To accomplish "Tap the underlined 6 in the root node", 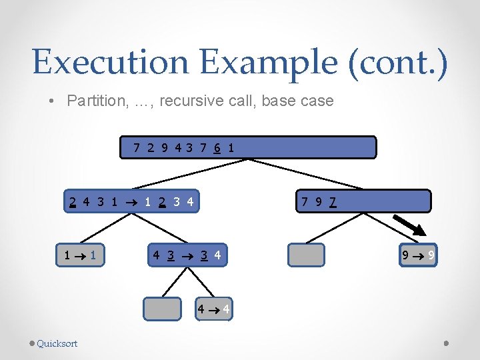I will pos(217,147).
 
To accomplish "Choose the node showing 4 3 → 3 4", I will pos(187,255).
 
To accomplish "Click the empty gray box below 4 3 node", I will pos(163,309).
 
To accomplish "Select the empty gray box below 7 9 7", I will pos(306,255).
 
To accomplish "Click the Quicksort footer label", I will pos(57,343).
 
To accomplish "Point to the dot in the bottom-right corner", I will pos(447,343).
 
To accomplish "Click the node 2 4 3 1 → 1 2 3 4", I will pos(133,201).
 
